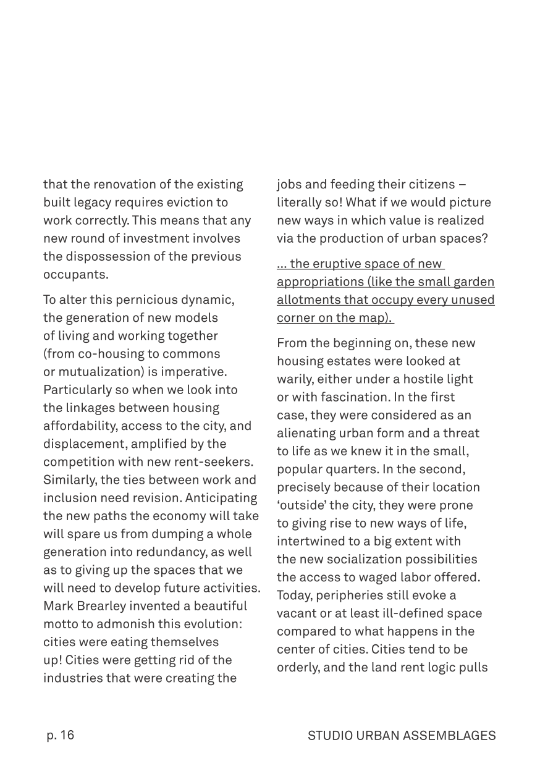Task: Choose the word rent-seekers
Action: [218, 461]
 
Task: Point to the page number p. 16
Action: [60, 735]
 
